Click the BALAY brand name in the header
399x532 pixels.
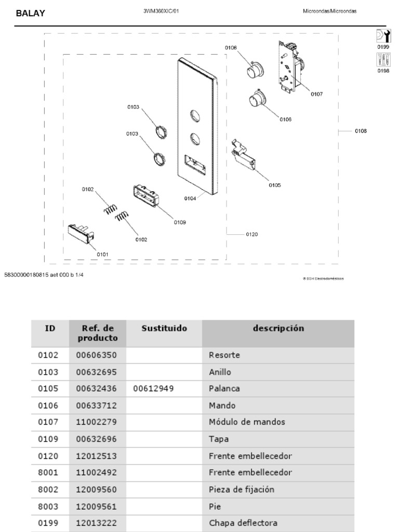click(x=30, y=14)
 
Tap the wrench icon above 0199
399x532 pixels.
click(x=383, y=36)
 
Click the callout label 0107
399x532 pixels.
click(x=316, y=95)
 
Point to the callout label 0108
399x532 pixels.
click(x=361, y=131)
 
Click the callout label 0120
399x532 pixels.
click(x=251, y=234)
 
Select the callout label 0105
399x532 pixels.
click(x=274, y=185)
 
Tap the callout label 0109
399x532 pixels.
click(x=180, y=222)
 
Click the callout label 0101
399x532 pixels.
click(x=102, y=254)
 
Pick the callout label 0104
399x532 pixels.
click(x=190, y=198)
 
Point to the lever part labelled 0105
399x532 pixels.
click(x=244, y=154)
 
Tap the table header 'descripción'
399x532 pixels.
click(x=278, y=328)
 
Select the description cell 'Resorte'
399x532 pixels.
click(x=224, y=356)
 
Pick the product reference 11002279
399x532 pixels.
click(x=96, y=422)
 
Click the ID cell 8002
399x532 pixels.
click(x=48, y=489)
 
